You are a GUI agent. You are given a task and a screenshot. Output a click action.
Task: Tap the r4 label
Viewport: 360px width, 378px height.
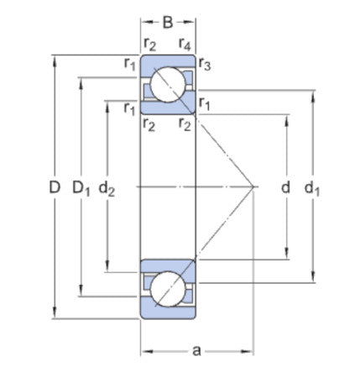[x=185, y=44]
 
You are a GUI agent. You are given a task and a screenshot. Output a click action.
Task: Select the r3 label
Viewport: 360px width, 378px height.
[x=204, y=64]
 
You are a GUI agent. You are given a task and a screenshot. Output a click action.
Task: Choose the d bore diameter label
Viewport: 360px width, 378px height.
[x=286, y=188]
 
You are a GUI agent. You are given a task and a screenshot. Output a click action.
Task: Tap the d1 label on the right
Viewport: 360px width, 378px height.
[x=313, y=189]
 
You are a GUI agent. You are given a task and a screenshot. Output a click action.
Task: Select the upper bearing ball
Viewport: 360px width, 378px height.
[x=168, y=86]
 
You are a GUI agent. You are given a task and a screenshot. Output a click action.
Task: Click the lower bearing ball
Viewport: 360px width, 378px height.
[x=168, y=288]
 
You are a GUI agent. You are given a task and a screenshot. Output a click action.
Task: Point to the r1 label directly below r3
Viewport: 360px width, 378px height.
[x=204, y=103]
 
